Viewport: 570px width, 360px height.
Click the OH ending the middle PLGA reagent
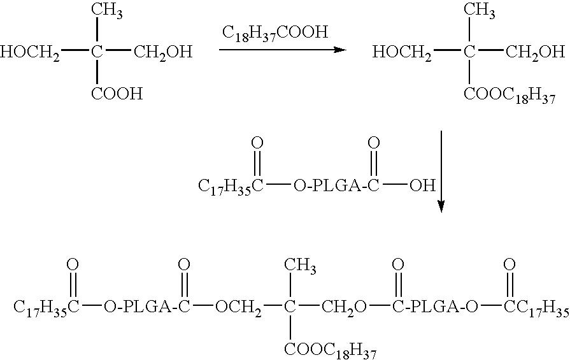pos(422,185)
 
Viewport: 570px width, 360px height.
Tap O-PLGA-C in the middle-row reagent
pos(331,186)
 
